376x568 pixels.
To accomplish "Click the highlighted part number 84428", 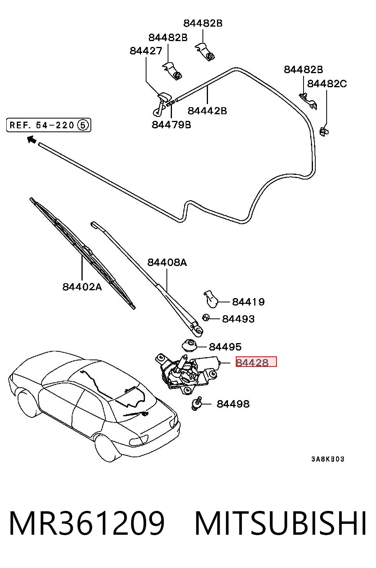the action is pos(252,363).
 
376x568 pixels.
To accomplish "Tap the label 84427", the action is pos(146,51).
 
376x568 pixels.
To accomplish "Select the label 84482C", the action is pos(327,84).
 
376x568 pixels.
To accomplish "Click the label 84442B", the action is pos(207,111).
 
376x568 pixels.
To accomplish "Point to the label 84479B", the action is pos(172,125).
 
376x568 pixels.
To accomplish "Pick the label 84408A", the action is pos(167,262).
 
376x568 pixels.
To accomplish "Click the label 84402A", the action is pos(82,287).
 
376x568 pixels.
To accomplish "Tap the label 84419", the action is pos(248,302).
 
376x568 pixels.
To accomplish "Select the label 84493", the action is pos(238,319).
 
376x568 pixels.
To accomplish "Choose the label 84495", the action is pos(225,347).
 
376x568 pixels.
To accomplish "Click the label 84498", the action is pos(233,404).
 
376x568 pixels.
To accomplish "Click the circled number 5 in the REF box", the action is pos(83,125).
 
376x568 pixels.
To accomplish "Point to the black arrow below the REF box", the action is pos(31,139).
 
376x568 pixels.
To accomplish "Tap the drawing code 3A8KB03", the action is pos(328,459).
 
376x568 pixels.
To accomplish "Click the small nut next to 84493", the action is pos(206,317).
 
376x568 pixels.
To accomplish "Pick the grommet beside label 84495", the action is pos(190,345).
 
